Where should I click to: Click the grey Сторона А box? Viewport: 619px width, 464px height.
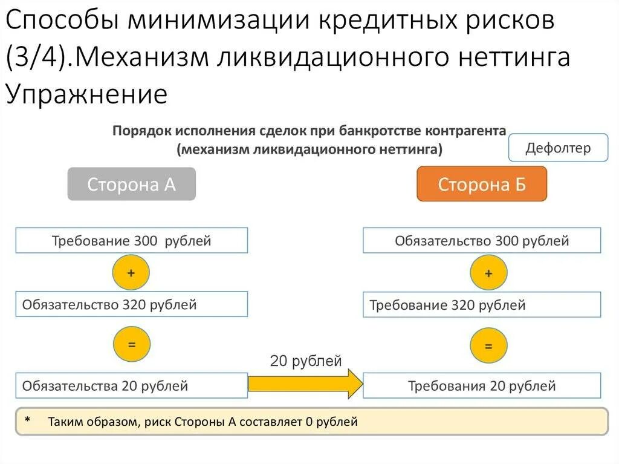pos(131,184)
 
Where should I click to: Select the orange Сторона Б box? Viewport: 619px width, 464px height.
pos(482,184)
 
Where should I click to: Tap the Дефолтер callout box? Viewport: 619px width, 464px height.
pos(558,148)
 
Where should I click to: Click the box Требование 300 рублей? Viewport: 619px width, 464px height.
pos(131,240)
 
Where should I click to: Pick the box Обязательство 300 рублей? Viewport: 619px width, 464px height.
pos(482,240)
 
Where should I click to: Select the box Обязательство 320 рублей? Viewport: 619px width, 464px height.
pos(131,304)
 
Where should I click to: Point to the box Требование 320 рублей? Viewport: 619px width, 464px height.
pos(482,304)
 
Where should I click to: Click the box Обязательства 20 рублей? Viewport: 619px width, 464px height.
pos(131,385)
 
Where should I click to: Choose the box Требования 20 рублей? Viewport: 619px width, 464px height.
pos(482,385)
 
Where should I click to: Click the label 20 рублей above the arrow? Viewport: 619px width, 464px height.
pos(306,361)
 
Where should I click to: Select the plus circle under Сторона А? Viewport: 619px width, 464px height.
pos(131,272)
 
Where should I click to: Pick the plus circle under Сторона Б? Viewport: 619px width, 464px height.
pos(488,273)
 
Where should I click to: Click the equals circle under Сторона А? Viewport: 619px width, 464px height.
pos(131,344)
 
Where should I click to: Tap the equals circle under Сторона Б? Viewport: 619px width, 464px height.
pos(488,347)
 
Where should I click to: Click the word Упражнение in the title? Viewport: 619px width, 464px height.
pos(86,94)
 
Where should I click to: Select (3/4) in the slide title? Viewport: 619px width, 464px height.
pos(36,58)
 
